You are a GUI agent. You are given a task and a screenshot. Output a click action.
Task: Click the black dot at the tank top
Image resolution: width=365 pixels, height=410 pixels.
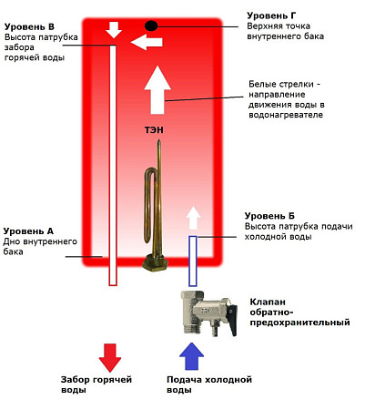coord(151,26)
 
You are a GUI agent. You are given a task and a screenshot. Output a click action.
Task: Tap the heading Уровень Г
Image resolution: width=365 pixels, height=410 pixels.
coord(271,15)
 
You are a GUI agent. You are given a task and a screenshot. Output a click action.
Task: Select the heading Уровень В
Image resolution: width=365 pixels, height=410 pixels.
coord(29,26)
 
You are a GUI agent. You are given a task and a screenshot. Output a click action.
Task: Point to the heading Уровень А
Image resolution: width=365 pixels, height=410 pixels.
coord(28,231)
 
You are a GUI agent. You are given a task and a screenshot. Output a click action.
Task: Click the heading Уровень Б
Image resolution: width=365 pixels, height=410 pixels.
coord(269,216)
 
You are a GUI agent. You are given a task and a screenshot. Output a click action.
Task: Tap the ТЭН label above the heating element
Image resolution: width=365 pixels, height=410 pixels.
coord(154,130)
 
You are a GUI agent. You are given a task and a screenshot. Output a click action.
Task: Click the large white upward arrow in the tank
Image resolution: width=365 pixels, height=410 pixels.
coord(157,90)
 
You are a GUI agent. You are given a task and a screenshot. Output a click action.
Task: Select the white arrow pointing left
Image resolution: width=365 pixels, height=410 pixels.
coord(147,42)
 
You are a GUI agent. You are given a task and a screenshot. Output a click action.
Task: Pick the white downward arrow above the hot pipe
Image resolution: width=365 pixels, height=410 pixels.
coord(114,30)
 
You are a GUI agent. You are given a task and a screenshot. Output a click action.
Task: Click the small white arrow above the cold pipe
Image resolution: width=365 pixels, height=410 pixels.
coord(193,218)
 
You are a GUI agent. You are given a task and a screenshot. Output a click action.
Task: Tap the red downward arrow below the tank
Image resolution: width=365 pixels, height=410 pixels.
coord(110,358)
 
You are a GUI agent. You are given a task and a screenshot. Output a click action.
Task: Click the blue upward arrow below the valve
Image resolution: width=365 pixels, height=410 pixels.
coord(191,356)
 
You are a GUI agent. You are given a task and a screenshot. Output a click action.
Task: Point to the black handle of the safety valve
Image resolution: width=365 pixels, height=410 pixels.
coord(232,321)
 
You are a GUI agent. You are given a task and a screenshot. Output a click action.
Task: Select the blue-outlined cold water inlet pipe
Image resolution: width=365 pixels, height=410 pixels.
coord(193,261)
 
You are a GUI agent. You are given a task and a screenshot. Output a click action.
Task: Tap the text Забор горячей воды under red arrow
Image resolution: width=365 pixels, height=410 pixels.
coord(96,384)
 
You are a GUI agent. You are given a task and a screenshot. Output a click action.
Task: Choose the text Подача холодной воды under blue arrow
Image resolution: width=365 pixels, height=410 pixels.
coord(209,384)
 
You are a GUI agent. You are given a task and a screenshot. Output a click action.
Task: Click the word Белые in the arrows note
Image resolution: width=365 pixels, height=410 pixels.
coord(261,84)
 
